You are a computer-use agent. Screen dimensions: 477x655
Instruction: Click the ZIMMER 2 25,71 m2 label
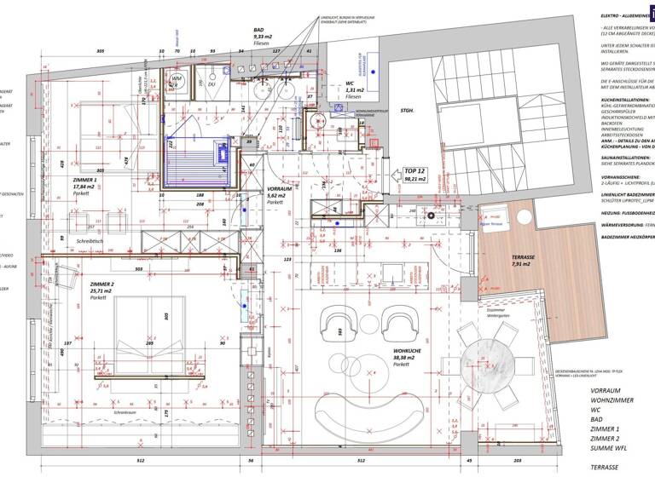(101, 290)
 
